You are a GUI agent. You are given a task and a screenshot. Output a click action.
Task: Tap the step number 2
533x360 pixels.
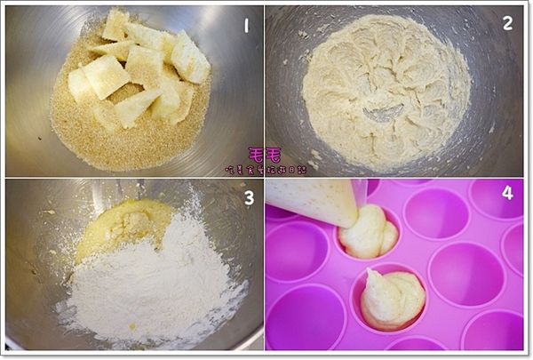tap(507, 23)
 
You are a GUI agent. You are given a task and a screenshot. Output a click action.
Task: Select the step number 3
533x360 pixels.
tap(249, 196)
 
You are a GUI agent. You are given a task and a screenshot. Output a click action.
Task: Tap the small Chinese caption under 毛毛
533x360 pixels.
tap(265, 168)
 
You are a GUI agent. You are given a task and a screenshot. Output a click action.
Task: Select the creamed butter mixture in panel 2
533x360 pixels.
tap(382, 89)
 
